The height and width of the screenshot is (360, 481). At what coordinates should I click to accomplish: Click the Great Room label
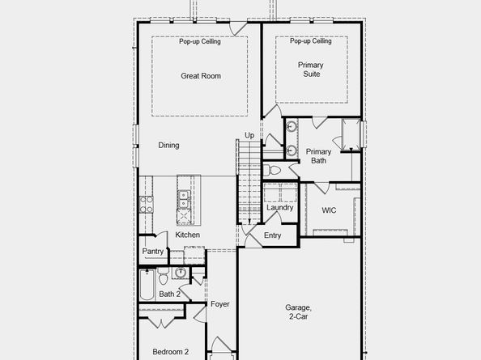200,77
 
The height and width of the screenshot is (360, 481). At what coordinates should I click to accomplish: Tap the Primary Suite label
309,69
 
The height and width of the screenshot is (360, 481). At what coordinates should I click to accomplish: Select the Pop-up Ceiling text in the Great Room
200,42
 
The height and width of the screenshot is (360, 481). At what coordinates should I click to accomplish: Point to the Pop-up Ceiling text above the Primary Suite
310,42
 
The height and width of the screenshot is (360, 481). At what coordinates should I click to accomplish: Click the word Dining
168,146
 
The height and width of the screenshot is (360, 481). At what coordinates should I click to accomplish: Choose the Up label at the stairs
249,135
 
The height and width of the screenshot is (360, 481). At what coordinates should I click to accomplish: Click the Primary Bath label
318,156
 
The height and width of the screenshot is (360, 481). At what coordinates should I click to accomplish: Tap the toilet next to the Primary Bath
272,171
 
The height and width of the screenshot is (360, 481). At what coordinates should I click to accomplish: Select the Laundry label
279,208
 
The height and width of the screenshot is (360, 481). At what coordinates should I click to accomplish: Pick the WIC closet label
329,210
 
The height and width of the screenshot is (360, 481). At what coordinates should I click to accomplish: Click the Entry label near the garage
273,235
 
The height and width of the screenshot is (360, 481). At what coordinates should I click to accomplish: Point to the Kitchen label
188,235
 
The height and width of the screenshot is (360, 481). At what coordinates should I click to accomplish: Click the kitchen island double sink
184,199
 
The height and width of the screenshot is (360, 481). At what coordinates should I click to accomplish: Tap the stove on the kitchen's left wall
147,204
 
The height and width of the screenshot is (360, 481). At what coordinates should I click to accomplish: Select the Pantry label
153,252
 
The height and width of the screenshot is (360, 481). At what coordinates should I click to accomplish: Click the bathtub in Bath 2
147,284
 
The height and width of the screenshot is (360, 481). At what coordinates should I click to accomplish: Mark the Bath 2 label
168,294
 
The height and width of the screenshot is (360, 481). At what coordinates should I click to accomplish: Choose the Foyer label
220,305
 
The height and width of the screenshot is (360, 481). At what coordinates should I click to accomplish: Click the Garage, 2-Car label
299,313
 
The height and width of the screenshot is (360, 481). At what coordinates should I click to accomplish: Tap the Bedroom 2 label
171,352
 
